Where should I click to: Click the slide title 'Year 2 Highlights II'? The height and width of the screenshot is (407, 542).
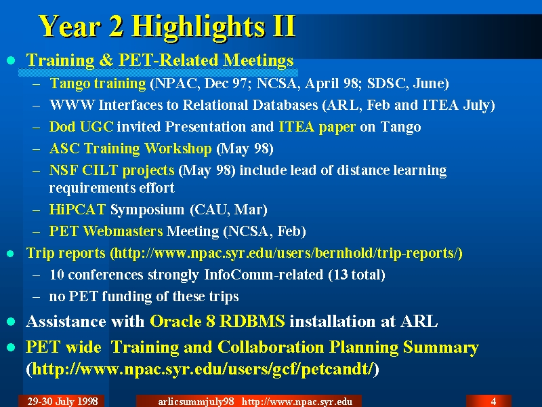tap(167, 26)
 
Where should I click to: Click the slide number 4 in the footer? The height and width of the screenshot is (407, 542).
tap(493, 402)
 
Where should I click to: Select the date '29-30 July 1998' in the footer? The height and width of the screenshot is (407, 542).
tap(62, 402)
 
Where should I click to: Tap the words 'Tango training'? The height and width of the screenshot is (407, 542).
tap(98, 83)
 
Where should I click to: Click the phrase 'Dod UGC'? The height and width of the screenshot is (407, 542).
tap(81, 127)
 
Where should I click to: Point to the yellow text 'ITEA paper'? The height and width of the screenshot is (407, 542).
tap(317, 128)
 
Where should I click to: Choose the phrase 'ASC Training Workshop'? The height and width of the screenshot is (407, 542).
tap(130, 149)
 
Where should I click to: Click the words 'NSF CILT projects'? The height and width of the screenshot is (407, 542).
tap(112, 171)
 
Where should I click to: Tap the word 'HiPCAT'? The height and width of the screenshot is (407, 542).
tap(77, 210)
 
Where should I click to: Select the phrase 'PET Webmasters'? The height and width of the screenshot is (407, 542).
tap(106, 231)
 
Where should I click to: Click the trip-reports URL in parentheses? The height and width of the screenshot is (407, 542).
tap(286, 253)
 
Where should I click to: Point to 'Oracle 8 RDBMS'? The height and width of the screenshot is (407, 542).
tap(217, 321)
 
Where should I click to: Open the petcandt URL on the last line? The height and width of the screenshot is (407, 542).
tap(203, 369)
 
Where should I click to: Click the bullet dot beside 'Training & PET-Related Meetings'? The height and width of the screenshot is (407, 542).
tap(11, 60)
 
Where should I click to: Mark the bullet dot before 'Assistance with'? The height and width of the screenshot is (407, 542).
tap(11, 322)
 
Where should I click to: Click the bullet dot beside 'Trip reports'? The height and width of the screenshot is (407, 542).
tap(11, 254)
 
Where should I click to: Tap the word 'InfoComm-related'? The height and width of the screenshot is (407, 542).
tap(264, 275)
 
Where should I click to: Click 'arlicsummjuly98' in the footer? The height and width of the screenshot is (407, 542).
tap(196, 402)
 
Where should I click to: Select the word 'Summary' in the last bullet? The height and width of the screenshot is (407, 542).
tap(441, 348)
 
